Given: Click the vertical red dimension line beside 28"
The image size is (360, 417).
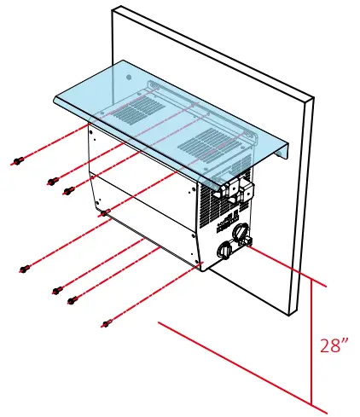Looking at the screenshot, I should [x=312, y=341].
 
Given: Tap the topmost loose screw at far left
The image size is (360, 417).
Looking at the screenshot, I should [x=17, y=161].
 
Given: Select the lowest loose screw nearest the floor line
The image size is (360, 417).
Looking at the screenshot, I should [x=107, y=322].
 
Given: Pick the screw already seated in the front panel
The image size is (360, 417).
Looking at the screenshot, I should [x=103, y=211].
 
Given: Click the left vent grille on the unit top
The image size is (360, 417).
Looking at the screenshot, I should [x=133, y=111].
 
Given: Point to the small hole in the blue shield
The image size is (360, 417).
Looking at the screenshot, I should [x=129, y=77].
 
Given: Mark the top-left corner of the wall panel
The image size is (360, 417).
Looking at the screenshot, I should [x=113, y=8].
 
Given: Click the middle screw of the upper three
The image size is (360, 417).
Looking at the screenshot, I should [x=52, y=182].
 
